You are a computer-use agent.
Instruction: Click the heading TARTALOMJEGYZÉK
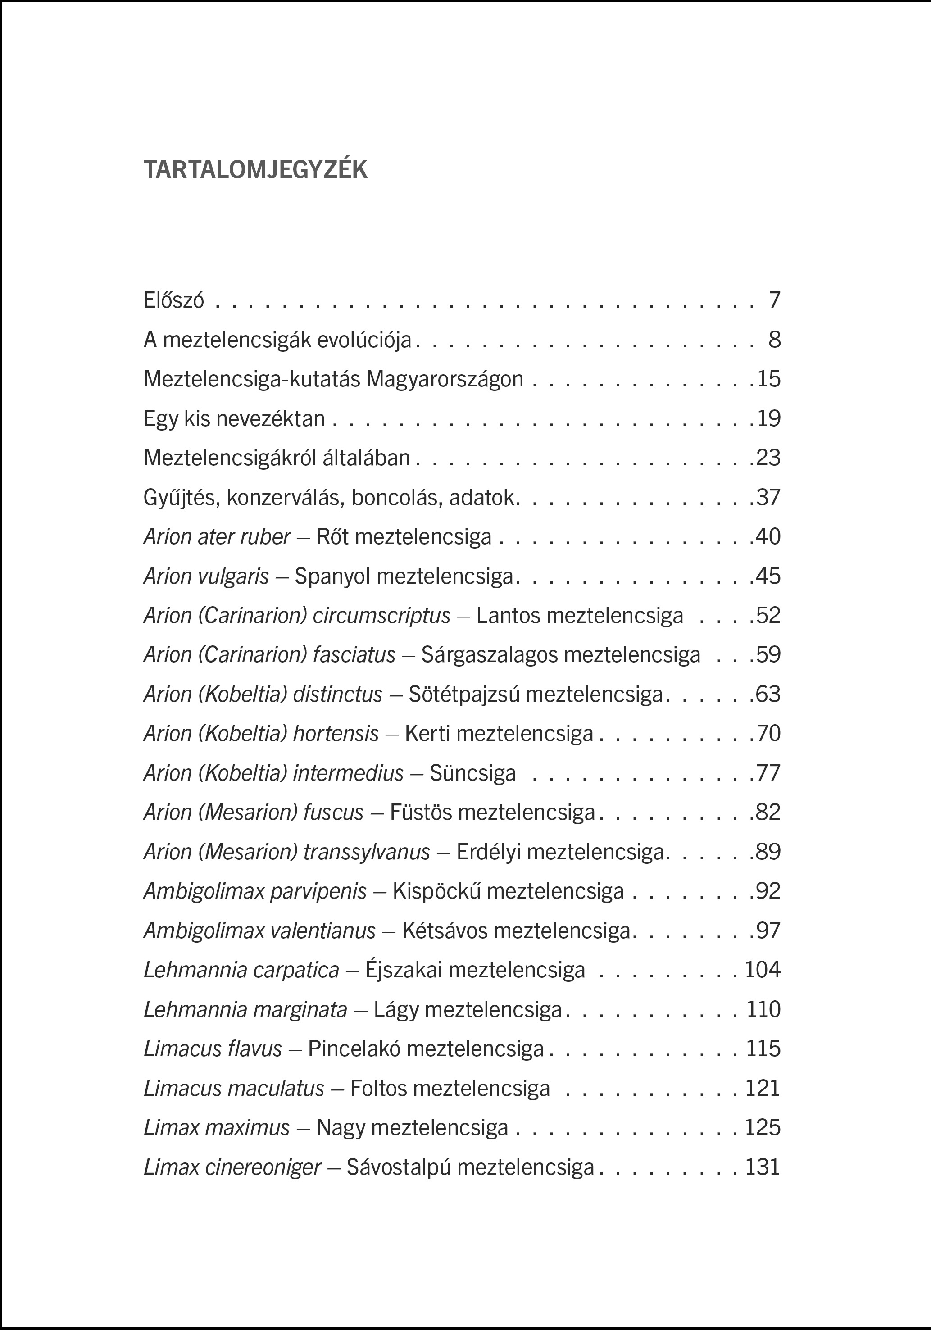click(255, 170)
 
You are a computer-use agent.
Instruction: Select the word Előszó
click(174, 301)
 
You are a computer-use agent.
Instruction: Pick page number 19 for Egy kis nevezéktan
click(769, 419)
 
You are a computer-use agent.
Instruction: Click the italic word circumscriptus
click(381, 616)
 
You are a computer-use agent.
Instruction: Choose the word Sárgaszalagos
click(489, 655)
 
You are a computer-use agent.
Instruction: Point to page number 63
click(769, 695)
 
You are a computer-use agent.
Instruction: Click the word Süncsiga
click(472, 773)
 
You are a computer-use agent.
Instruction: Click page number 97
click(769, 931)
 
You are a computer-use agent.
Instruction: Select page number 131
click(763, 1167)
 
